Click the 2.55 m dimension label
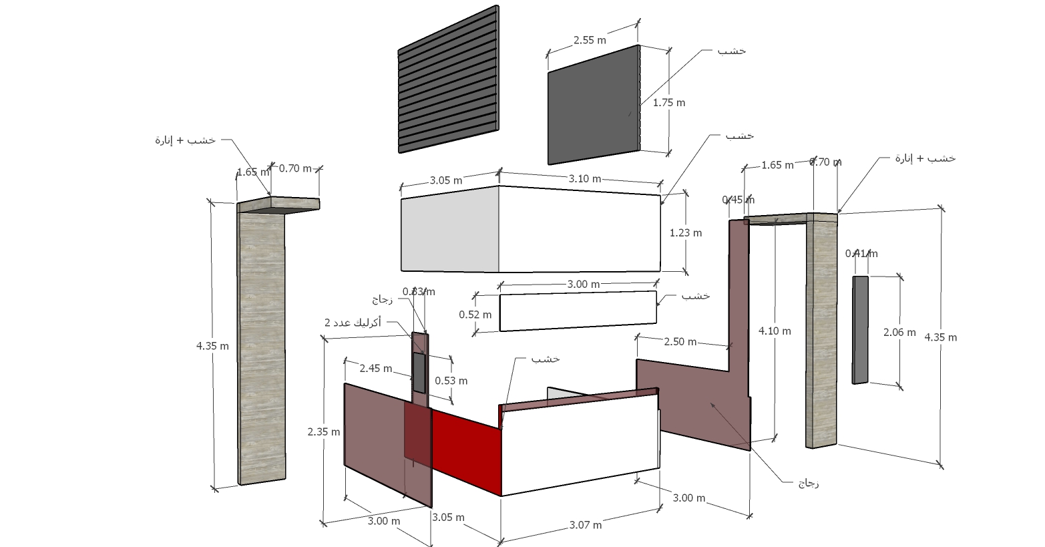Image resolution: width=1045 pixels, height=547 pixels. pos(590,40)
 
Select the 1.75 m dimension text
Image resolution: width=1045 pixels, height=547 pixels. pos(668,103)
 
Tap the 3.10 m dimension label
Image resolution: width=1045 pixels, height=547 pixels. pos(585,178)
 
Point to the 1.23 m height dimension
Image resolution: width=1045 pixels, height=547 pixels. pos(686,233)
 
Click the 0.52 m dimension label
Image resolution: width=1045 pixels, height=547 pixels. pos(475,314)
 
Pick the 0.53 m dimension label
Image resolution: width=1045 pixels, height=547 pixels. pos(451,381)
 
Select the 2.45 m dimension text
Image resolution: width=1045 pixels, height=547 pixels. pos(375,368)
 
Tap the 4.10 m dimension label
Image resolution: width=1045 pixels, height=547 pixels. pos(775,331)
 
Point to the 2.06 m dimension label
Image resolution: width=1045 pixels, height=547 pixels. pos(899,332)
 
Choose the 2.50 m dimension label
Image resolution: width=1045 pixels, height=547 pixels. pos(680,342)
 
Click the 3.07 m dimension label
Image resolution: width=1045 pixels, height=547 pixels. pos(585,525)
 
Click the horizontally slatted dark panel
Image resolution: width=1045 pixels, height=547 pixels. pos(448,80)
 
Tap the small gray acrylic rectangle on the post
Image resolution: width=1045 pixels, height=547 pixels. pos(419,372)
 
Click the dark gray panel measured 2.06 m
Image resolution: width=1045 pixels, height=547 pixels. pos(860,330)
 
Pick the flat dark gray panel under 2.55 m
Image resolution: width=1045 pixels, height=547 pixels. pos(593,106)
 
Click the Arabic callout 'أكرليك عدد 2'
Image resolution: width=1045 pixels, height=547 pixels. pos(353,323)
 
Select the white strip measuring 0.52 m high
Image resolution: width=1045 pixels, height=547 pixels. pos(578,311)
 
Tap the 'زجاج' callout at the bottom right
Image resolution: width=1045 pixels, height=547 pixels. pos(808,483)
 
